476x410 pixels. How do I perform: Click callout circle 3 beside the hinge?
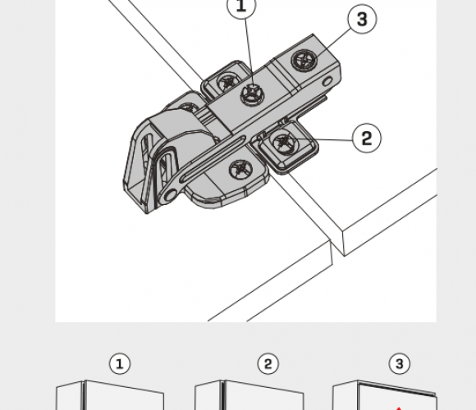(x=362, y=19)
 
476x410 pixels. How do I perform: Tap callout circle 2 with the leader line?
(x=366, y=138)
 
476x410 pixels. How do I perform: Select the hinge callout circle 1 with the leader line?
(x=241, y=6)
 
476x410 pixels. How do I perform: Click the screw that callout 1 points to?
(x=253, y=93)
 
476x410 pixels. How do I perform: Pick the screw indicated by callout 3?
(x=304, y=60)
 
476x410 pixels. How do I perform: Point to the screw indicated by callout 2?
(x=284, y=142)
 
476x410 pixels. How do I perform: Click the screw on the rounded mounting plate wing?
(x=240, y=170)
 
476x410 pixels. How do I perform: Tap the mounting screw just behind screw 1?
(x=228, y=81)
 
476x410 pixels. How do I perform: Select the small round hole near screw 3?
(x=327, y=81)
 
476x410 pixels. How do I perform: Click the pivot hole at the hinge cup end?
(x=171, y=195)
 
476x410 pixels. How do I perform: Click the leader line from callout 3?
(x=333, y=43)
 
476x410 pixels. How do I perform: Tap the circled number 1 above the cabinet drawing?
(x=120, y=363)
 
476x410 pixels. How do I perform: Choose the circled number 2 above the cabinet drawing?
(x=268, y=363)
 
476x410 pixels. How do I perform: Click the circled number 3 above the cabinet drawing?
(x=399, y=363)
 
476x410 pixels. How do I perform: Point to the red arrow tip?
(x=399, y=408)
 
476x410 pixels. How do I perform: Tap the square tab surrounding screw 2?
(x=287, y=147)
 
